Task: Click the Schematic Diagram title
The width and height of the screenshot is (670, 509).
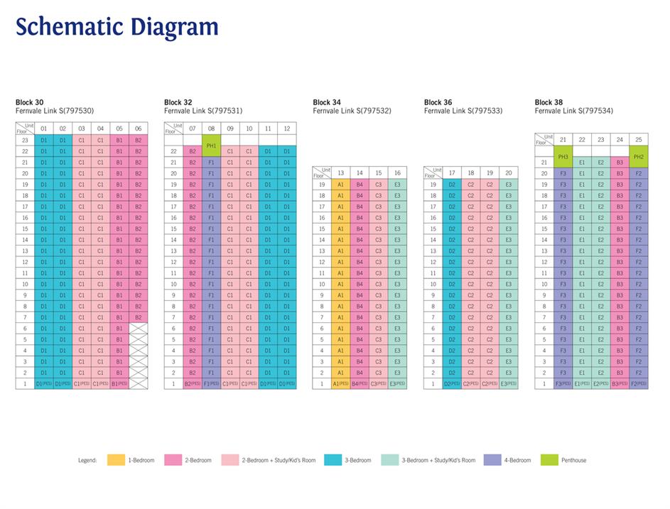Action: click(117, 26)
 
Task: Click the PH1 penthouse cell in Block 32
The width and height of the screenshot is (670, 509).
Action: click(211, 146)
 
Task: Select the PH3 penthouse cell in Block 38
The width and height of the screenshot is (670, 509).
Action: click(563, 156)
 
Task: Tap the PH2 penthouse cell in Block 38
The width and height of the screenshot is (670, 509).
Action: click(638, 156)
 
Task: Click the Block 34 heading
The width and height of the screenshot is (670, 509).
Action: click(327, 102)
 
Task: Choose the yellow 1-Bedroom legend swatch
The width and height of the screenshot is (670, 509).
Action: click(116, 460)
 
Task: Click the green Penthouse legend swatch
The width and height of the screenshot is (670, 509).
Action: click(549, 460)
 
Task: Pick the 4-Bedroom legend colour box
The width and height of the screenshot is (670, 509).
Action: click(492, 460)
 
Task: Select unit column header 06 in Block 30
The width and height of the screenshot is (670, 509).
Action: click(138, 128)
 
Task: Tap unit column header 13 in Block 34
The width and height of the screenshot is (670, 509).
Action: click(340, 173)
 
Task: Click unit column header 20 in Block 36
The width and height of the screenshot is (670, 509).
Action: click(508, 173)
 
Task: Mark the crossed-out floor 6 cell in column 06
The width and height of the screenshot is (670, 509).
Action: click(138, 328)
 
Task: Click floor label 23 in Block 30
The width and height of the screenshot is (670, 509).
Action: click(24, 140)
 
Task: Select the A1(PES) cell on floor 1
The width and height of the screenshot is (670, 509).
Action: click(341, 383)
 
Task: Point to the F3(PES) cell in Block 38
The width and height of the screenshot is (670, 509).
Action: click(563, 383)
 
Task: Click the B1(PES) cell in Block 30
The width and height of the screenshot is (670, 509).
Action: click(119, 383)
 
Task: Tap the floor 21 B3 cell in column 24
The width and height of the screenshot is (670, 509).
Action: click(620, 162)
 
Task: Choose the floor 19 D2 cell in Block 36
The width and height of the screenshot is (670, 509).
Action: click(452, 184)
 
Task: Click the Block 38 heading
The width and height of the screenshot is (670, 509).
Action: click(549, 102)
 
